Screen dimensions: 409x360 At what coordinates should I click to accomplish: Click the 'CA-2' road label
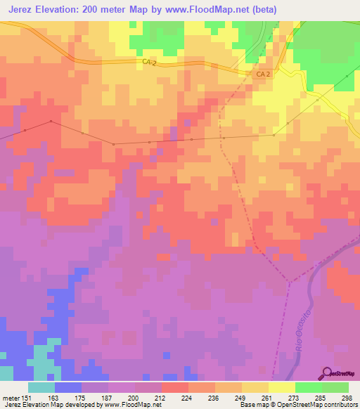click(x=149, y=63)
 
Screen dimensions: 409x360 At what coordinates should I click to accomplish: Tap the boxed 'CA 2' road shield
click(x=262, y=74)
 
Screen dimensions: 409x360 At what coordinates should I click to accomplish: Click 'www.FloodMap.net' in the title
click(x=204, y=9)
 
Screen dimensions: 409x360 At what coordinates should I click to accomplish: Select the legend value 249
click(x=242, y=397)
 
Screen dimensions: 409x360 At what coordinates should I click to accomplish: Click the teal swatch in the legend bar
click(x=41, y=387)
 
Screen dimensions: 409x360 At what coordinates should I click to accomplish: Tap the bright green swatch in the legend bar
click(x=309, y=387)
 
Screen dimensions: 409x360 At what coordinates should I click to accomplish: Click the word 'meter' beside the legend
click(x=11, y=397)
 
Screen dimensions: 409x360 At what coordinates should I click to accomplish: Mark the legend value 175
click(x=82, y=397)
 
